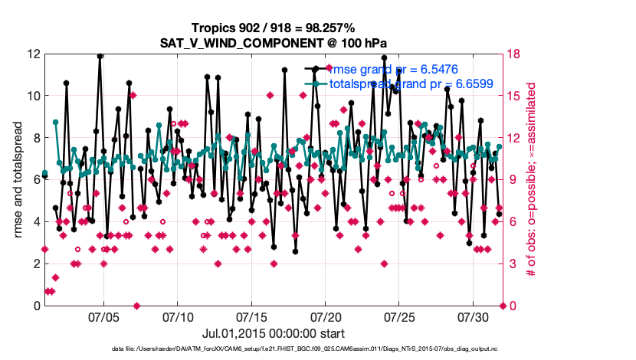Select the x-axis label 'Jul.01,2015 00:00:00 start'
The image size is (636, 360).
pyautogui.click(x=274, y=333)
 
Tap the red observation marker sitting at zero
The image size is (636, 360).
pyautogui.click(x=136, y=306)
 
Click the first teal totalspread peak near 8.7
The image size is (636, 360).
pyautogui.click(x=56, y=123)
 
